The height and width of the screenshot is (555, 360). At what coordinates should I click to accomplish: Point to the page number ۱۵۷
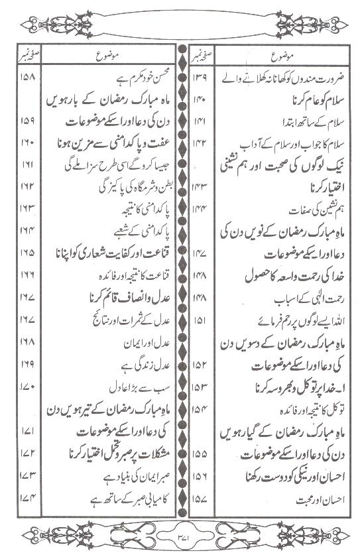(200, 513)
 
